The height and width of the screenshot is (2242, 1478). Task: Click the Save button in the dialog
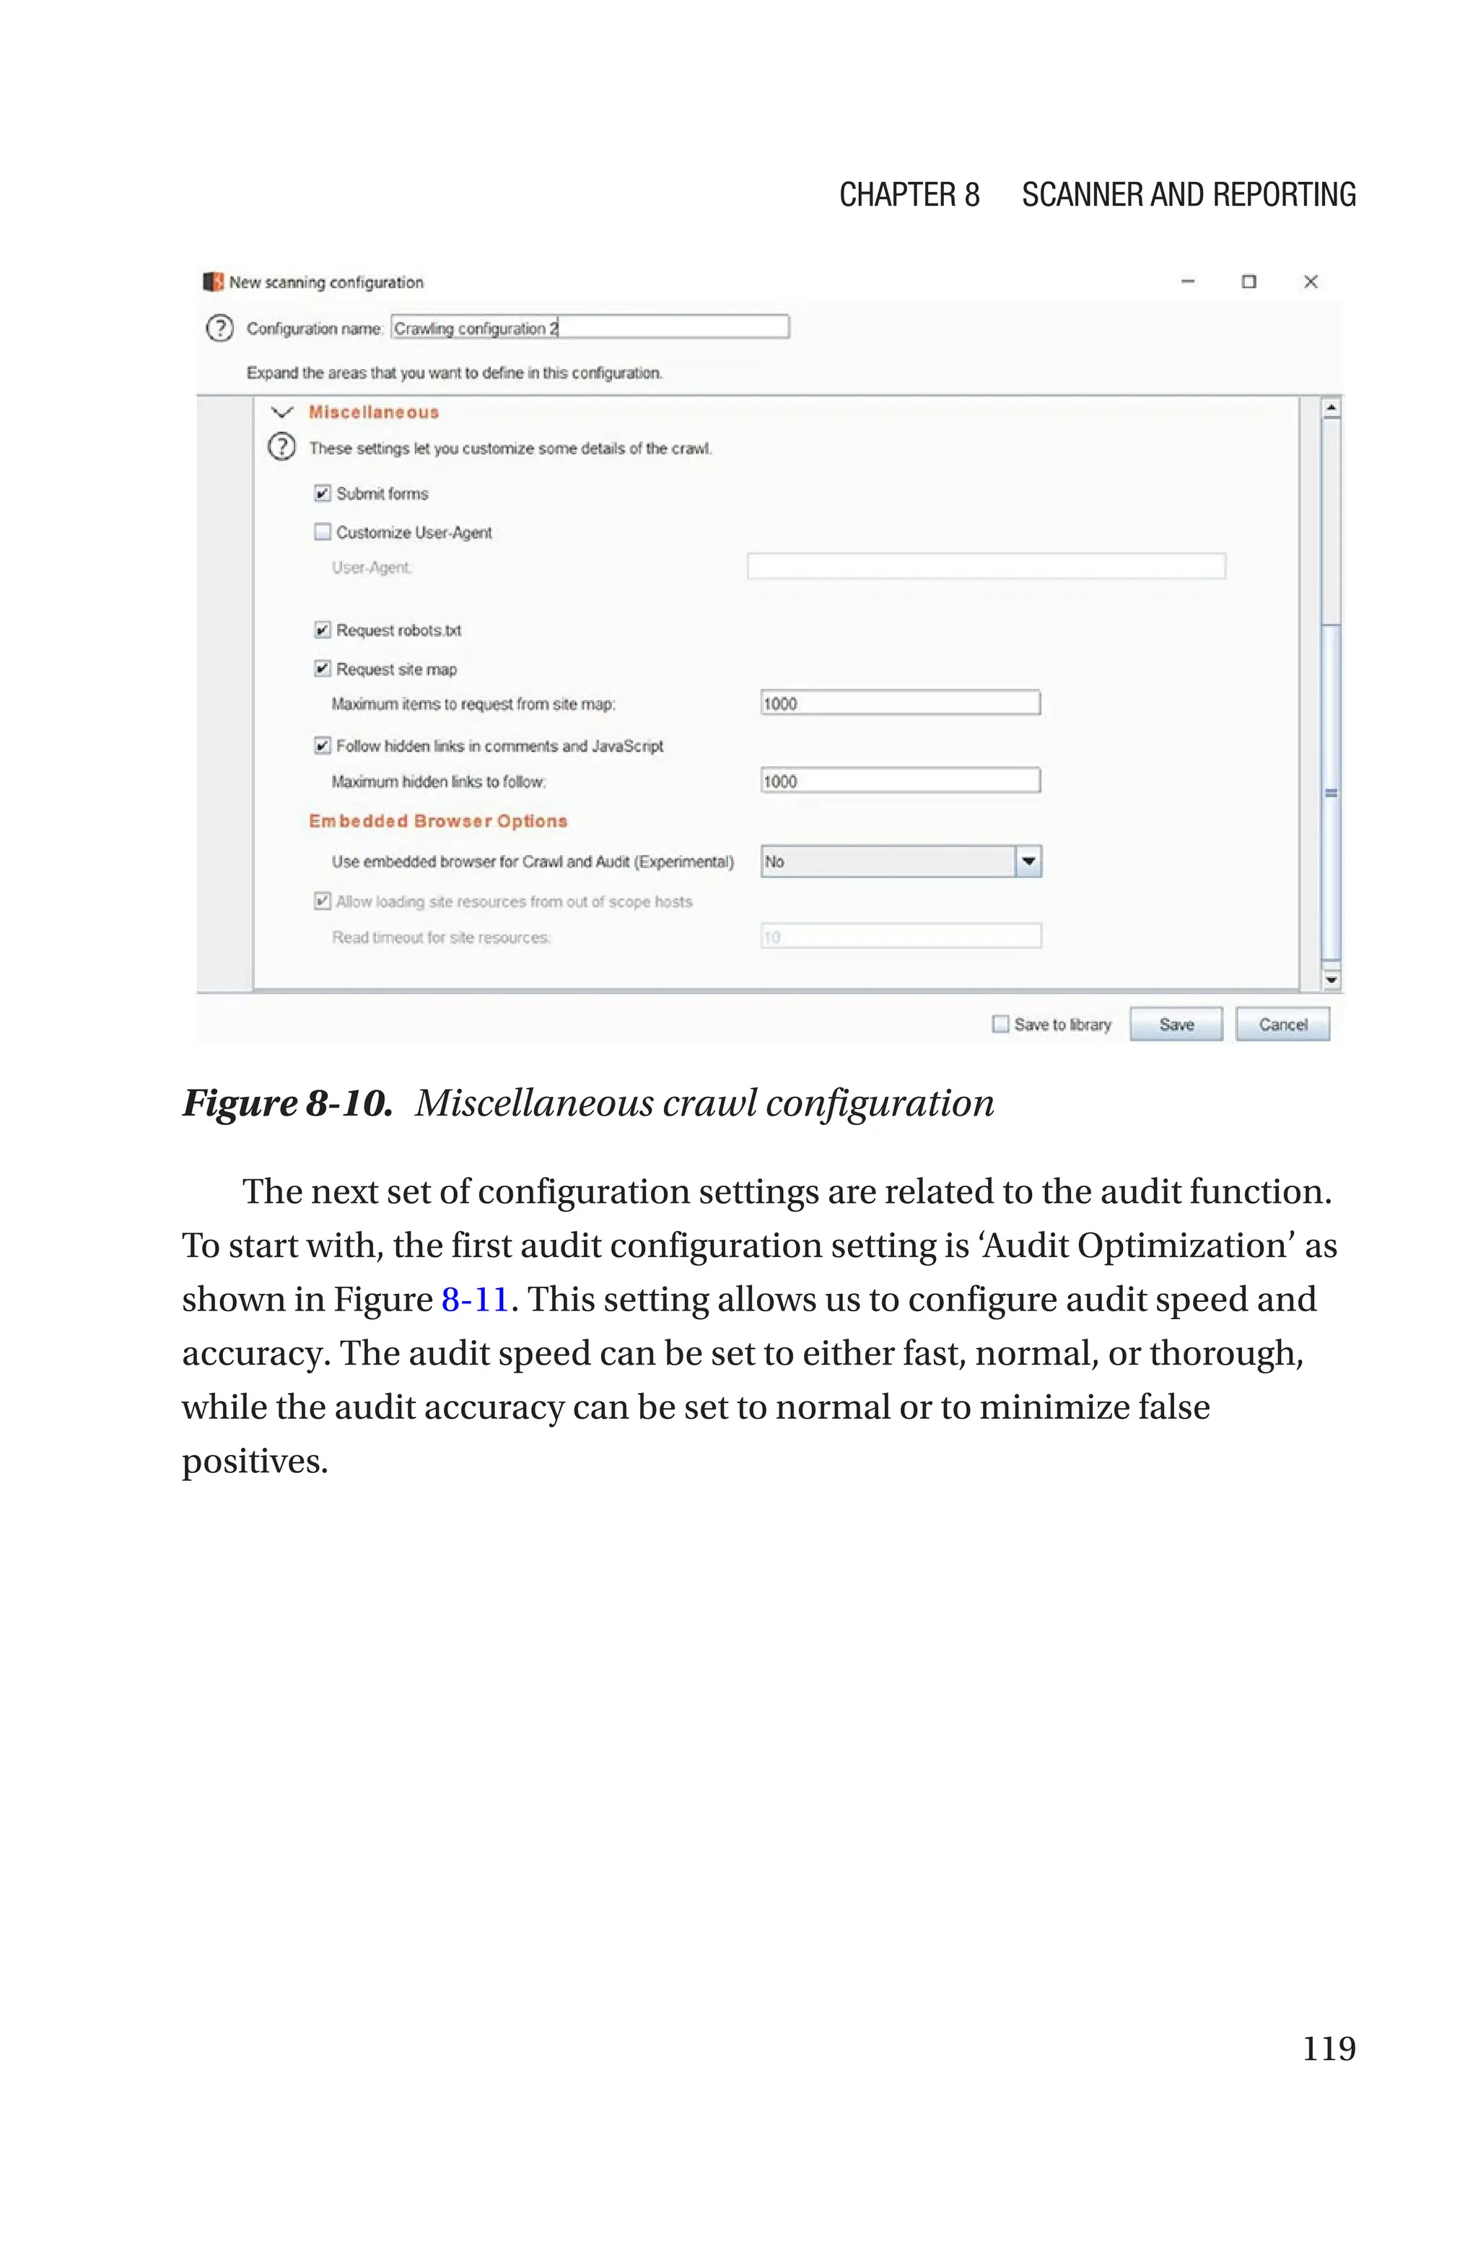tap(1176, 1024)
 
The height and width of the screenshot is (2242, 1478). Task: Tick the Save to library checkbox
tap(1000, 1024)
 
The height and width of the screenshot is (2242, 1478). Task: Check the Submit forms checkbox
tap(323, 493)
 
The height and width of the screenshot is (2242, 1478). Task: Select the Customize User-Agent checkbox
tap(323, 531)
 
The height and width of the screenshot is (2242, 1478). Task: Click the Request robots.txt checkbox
tap(323, 630)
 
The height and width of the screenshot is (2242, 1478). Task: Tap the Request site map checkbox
tap(323, 669)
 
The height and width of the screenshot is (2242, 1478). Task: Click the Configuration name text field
tap(589, 327)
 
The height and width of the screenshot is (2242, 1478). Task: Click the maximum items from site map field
tap(899, 703)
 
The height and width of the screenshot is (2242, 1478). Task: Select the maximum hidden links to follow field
tap(899, 781)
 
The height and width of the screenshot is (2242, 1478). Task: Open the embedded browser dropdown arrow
tap(1028, 861)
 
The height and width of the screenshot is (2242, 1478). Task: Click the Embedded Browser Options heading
tap(437, 821)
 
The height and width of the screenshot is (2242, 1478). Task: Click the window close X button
tap(1311, 281)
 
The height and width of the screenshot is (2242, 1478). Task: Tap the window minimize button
tap(1188, 281)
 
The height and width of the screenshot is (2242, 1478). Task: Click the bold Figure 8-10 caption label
tap(287, 1103)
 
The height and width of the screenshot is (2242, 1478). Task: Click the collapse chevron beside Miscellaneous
tap(282, 412)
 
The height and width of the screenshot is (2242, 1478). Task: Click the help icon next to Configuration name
tap(219, 328)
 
